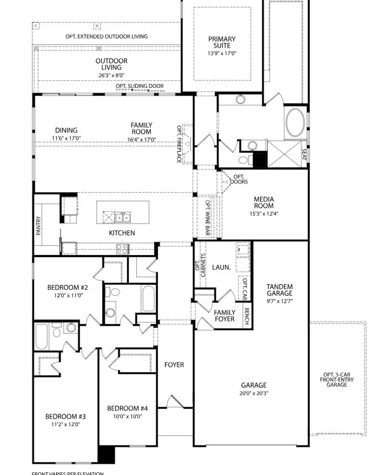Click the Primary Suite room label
click(x=222, y=42)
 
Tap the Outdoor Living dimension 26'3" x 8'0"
click(x=111, y=76)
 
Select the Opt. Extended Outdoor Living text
click(x=107, y=36)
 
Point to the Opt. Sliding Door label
click(x=140, y=86)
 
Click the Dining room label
click(x=66, y=130)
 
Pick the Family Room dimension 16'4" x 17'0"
click(x=141, y=139)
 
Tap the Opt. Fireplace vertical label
click(x=180, y=144)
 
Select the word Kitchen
click(x=122, y=233)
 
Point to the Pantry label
click(x=39, y=225)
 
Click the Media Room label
click(x=264, y=203)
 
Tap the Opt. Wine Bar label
click(x=208, y=218)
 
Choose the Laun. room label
click(x=222, y=266)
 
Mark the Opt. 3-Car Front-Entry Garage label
click(x=336, y=380)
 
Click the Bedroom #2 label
click(x=68, y=288)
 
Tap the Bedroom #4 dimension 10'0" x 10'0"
click(x=128, y=417)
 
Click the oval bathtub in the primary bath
click(x=295, y=122)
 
